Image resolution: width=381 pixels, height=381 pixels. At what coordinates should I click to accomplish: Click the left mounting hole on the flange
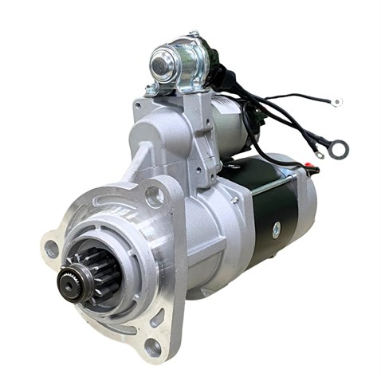coord(51,249)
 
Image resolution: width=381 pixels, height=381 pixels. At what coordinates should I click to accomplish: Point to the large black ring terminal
coord(338,149)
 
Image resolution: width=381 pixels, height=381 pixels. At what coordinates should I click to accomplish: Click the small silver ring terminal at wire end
coord(337,103)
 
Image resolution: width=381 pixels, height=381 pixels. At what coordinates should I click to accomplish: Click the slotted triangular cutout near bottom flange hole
coord(157,317)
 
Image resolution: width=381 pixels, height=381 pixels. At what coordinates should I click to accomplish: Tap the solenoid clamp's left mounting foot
coord(151,90)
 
